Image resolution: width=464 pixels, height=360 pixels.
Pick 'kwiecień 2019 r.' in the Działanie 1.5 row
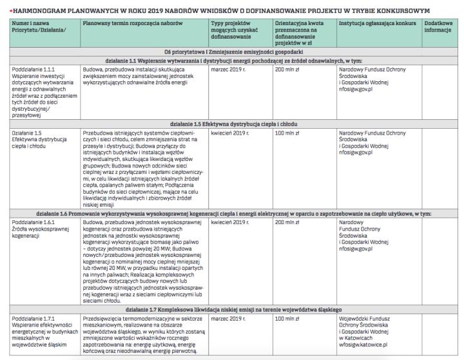click(229, 132)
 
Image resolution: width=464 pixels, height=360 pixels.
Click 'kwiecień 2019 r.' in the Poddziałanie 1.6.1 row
click(229, 222)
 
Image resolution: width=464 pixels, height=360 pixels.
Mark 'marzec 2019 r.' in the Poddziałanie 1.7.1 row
click(227, 318)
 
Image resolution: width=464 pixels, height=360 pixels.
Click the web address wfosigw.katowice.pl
click(366, 343)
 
